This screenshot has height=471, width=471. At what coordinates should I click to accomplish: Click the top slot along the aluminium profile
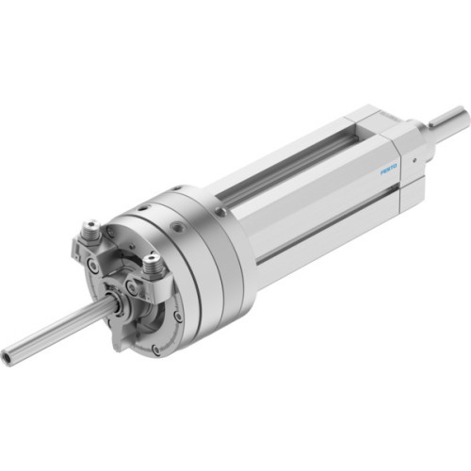[x=283, y=170]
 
